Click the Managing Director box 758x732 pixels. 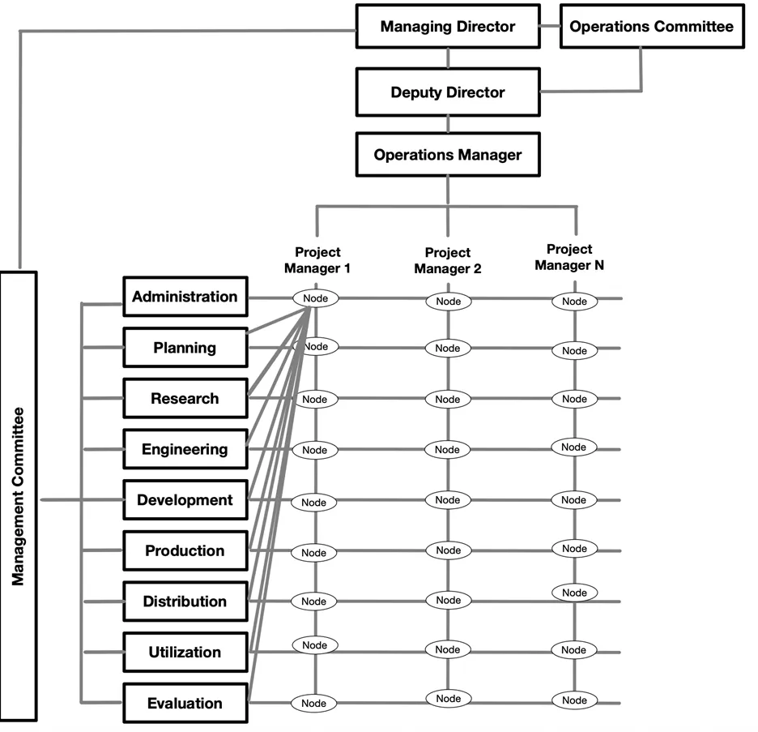coord(447,27)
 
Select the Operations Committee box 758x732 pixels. coord(651,27)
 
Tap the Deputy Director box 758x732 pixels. coord(447,92)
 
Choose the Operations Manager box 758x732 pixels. coord(447,154)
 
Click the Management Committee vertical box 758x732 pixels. coord(19,496)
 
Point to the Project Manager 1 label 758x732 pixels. coord(317,259)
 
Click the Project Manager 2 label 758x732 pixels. coord(447,260)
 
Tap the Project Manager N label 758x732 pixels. coord(569,257)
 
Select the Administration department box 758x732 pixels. coord(185,297)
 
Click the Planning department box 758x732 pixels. coord(185,348)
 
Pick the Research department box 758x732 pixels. coord(185,399)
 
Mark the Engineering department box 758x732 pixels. coord(185,449)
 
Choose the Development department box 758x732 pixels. coord(185,500)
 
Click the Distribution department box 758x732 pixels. coord(185,601)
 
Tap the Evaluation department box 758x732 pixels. coord(185,703)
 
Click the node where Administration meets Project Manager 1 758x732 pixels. coord(315,298)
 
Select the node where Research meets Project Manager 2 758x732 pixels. coord(447,399)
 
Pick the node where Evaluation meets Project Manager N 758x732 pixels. coord(574,700)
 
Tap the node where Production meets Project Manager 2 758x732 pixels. coord(447,550)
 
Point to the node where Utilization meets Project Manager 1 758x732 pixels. coord(314,645)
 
